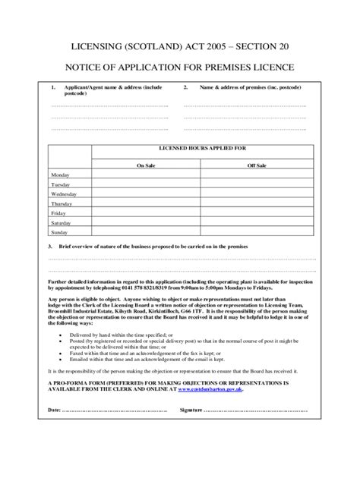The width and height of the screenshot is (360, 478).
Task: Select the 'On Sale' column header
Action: pos(145,164)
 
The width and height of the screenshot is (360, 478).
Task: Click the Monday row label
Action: pos(59,175)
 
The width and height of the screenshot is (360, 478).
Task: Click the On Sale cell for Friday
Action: pos(145,214)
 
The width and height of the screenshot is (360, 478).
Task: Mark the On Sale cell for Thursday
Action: pos(145,204)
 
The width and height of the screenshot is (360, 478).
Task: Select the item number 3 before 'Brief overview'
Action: pos(50,247)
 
